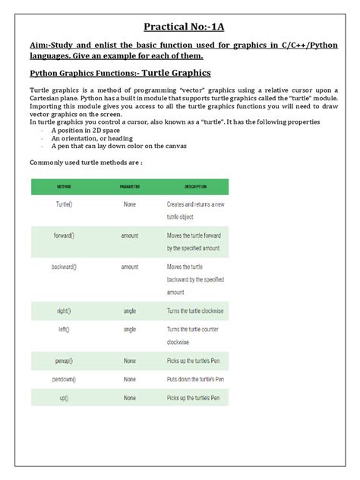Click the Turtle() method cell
point(64,204)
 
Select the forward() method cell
point(64,236)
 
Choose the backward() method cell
point(64,267)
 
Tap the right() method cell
point(64,311)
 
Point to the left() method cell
point(64,330)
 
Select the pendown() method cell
point(64,379)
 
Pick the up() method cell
point(64,397)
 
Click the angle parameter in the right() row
point(130,311)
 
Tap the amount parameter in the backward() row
point(130,267)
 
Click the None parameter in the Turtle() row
point(130,204)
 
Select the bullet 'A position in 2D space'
point(90,131)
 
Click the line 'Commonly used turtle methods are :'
point(86,163)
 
